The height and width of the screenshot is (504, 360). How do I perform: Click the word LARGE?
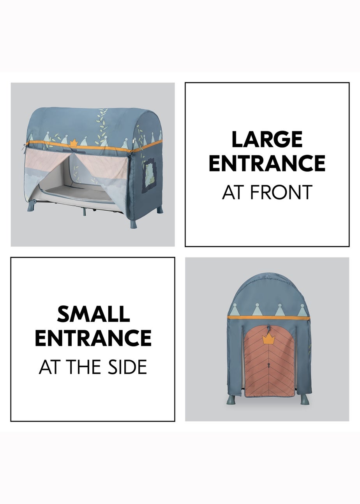(267, 139)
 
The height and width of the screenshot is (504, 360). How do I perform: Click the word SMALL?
(94, 314)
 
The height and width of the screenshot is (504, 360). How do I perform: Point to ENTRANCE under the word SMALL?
(93, 338)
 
